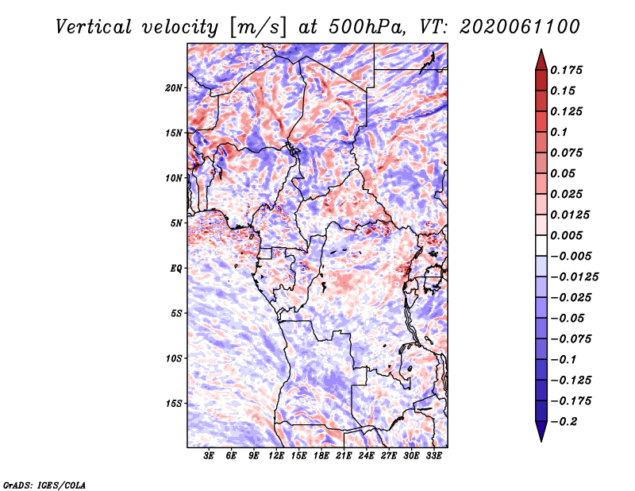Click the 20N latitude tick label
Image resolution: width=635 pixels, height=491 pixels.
point(174,88)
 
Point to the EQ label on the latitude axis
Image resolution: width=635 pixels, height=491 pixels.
point(176,269)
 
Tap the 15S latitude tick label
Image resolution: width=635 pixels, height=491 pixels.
point(174,404)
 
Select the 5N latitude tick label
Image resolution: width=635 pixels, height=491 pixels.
point(176,223)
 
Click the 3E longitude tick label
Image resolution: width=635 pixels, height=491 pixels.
point(209,455)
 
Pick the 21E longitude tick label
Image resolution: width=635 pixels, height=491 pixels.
point(344,455)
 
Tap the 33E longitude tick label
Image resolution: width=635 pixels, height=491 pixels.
point(433,455)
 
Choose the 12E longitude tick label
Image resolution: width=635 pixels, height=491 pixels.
point(275,455)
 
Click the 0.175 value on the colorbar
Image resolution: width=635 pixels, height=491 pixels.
point(566,70)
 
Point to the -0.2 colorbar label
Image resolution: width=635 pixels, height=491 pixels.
point(564,422)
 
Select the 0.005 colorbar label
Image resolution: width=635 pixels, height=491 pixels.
point(566,235)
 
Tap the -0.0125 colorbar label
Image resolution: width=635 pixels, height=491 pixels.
point(574,277)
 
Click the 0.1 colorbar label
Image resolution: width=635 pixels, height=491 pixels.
point(559,132)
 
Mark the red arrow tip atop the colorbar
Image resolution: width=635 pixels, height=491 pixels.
point(541,50)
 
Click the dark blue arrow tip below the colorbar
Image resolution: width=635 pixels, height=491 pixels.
point(541,440)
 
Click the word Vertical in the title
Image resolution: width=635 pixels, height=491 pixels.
point(94,27)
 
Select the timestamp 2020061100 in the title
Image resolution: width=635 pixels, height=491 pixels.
point(520,27)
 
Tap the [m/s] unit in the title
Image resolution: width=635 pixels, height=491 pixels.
point(259,28)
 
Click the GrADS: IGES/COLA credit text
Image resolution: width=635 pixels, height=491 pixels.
point(44,485)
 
